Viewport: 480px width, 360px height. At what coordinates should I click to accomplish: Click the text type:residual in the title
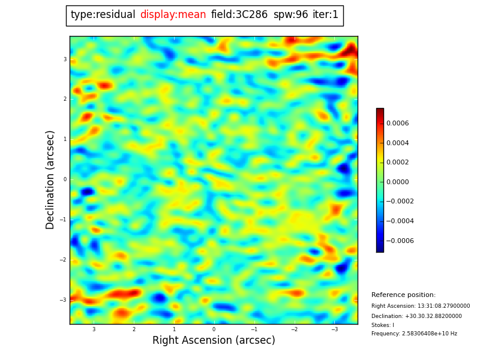pyautogui.click(x=103, y=15)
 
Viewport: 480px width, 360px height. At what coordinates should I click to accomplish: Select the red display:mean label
pyautogui.click(x=173, y=15)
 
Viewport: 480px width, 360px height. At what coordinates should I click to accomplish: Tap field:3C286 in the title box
pyautogui.click(x=239, y=15)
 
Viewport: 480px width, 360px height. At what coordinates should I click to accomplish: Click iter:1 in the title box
pyautogui.click(x=325, y=15)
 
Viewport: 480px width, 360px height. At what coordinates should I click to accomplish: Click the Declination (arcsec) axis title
pyautogui.click(x=50, y=179)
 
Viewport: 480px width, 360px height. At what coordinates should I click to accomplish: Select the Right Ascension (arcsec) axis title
pyautogui.click(x=214, y=341)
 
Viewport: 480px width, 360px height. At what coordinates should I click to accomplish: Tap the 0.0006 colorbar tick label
pyautogui.click(x=397, y=124)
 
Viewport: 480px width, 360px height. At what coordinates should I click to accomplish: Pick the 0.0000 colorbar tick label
pyautogui.click(x=397, y=182)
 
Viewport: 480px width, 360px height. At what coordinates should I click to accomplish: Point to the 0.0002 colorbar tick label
pyautogui.click(x=397, y=163)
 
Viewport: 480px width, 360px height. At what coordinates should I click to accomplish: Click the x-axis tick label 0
pyautogui.click(x=214, y=329)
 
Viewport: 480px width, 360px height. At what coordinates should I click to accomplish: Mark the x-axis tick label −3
pyautogui.click(x=334, y=329)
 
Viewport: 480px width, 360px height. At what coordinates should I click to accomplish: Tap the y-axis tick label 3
pyautogui.click(x=65, y=59)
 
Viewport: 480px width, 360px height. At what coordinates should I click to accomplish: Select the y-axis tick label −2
pyautogui.click(x=64, y=260)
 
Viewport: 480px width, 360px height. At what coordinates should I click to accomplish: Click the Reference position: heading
pyautogui.click(x=403, y=295)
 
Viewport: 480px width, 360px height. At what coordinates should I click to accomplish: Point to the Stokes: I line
pyautogui.click(x=383, y=325)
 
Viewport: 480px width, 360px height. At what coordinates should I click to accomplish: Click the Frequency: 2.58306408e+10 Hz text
pyautogui.click(x=414, y=334)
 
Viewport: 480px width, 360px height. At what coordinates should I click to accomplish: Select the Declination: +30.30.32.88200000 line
pyautogui.click(x=416, y=316)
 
